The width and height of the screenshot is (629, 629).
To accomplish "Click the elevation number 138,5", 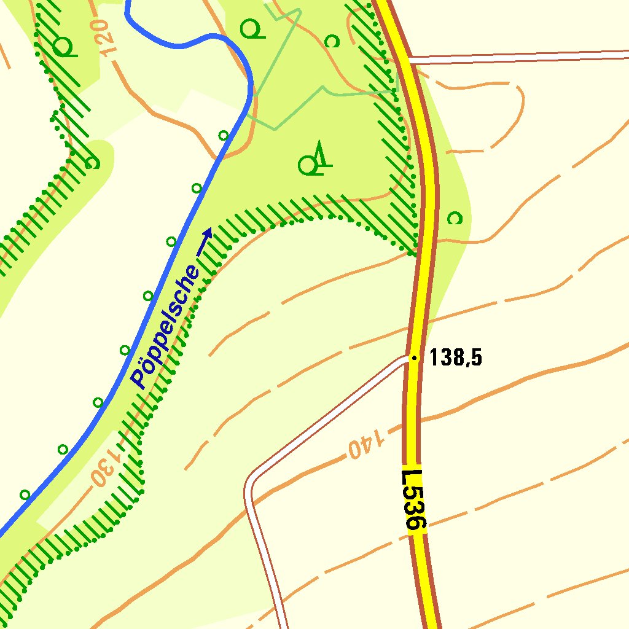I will point(455,357).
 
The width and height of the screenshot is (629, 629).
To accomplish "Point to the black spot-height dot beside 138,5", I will point(414,357).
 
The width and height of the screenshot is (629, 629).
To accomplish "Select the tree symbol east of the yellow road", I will point(455,217).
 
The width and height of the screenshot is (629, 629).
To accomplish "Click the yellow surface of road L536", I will point(428,184).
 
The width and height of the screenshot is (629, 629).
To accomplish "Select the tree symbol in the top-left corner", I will point(63,46).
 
